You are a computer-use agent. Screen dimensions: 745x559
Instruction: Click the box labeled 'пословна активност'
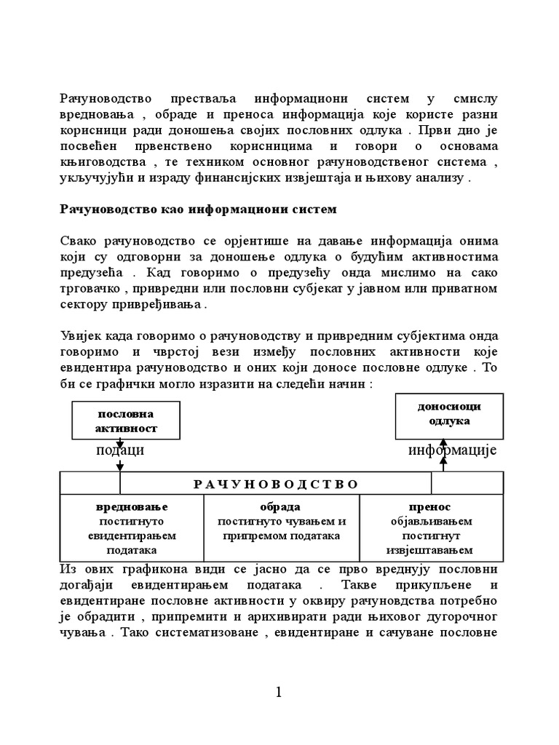126,421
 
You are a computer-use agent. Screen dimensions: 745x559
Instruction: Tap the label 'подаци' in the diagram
120,450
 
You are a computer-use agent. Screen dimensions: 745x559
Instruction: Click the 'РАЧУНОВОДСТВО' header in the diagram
276,484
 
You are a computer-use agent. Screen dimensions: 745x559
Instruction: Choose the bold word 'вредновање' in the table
132,506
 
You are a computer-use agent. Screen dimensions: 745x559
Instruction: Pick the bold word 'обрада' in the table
280,506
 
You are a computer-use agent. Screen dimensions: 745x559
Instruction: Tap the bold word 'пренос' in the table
429,506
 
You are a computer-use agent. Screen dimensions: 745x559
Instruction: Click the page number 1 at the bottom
279,693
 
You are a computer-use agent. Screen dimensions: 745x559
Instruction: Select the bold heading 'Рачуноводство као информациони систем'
198,210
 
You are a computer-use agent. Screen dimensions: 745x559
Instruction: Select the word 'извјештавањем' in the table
431,550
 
